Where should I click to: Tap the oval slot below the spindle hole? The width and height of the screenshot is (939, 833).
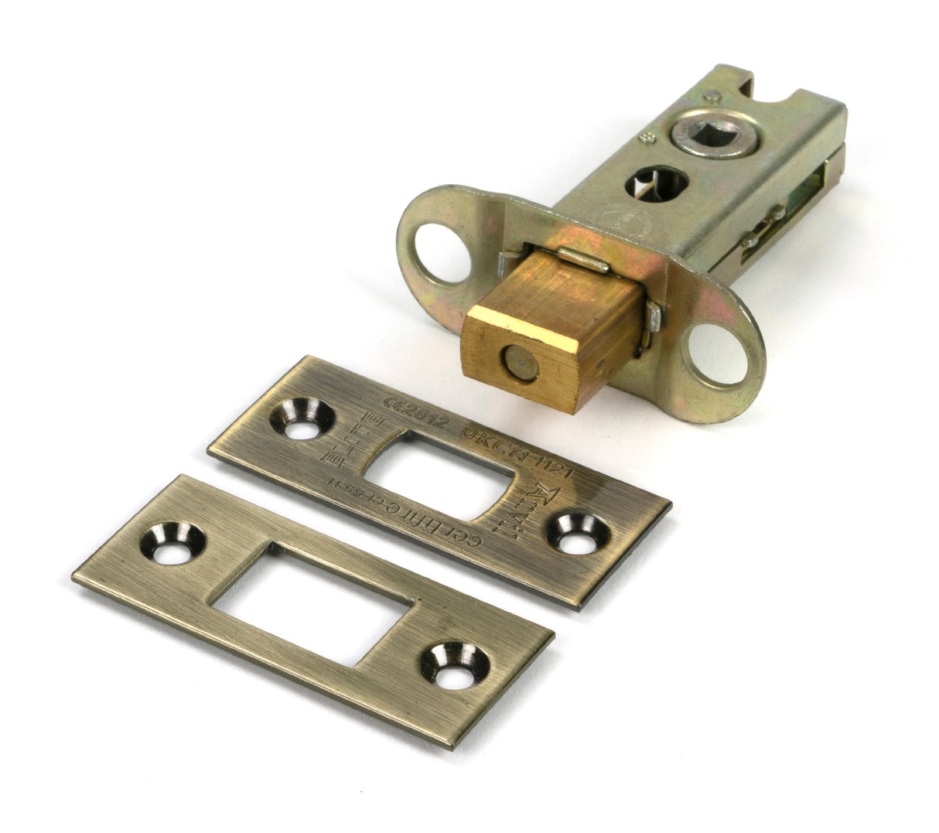pyautogui.click(x=655, y=183)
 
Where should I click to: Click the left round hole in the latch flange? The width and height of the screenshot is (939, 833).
pyautogui.click(x=442, y=252)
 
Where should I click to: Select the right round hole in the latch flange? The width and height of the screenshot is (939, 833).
pyautogui.click(x=717, y=354)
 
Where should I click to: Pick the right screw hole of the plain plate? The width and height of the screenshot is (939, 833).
pyautogui.click(x=454, y=665)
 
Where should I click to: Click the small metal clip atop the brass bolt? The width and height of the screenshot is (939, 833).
pyautogui.click(x=583, y=261)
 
